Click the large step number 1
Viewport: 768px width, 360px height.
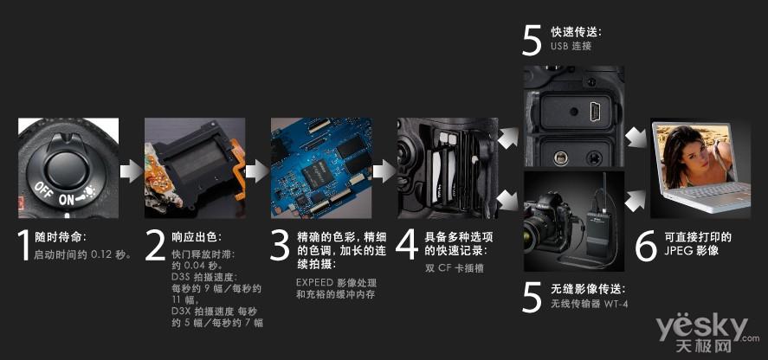[x=23, y=244]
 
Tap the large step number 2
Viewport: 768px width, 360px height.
[x=155, y=244]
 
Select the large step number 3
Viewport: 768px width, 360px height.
[x=281, y=244]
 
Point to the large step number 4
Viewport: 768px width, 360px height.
[x=407, y=244]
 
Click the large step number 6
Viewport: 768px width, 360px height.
[x=646, y=244]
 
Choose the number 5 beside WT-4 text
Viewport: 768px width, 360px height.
[x=532, y=297]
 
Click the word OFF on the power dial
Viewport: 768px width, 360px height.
[x=43, y=190]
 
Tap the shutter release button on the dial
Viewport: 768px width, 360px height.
[x=66, y=165]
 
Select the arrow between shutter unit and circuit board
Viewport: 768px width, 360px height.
[x=257, y=171]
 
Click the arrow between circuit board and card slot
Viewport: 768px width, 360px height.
[x=384, y=171]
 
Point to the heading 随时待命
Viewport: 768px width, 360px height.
[x=61, y=238]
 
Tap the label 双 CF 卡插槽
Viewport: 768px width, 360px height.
[x=455, y=268]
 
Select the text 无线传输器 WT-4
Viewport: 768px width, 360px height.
[x=590, y=304]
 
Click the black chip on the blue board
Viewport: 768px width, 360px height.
[x=318, y=172]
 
